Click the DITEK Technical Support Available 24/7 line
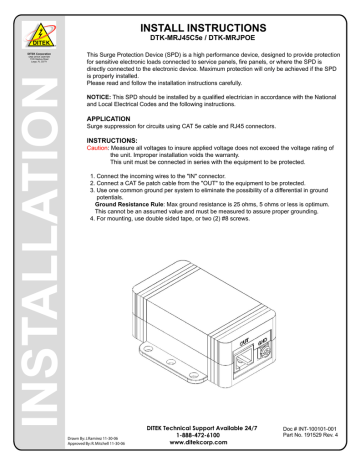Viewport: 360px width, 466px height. pos(194,429)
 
